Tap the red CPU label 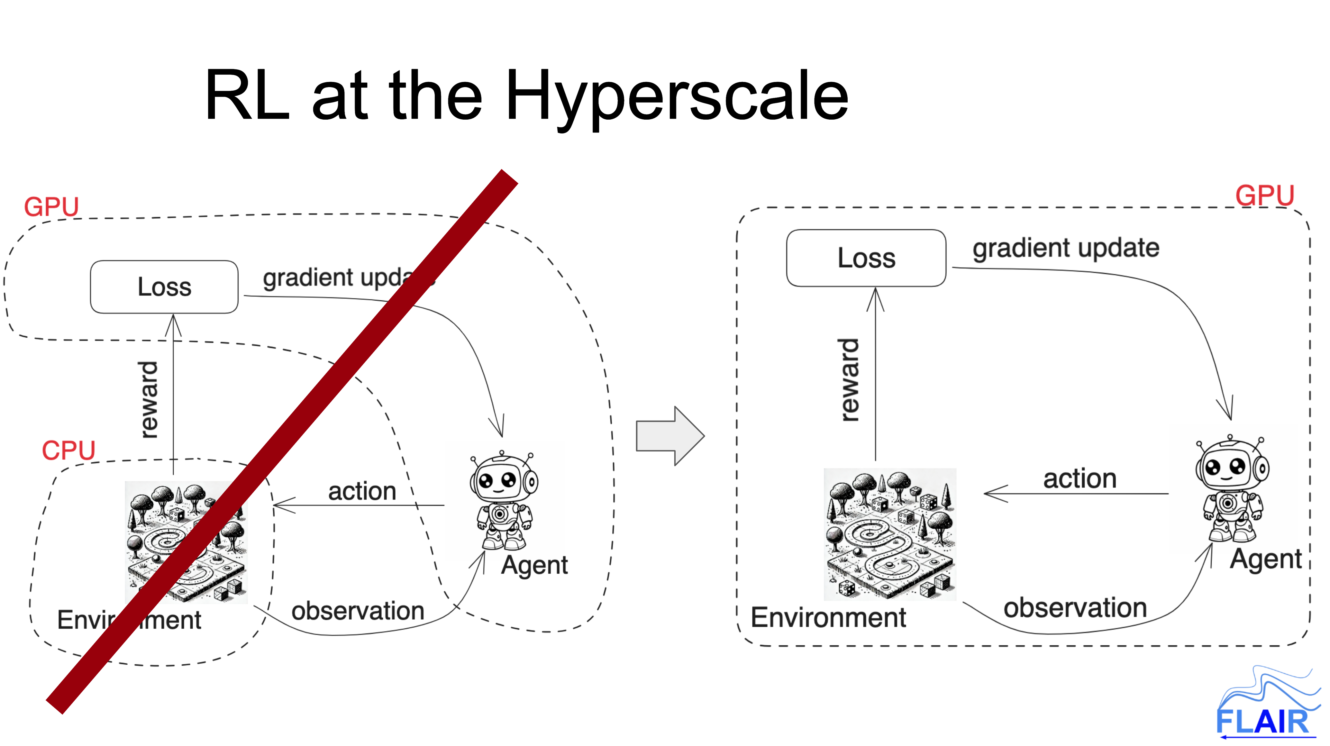coord(69,450)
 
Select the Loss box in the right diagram coord(866,258)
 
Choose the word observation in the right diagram coord(1075,608)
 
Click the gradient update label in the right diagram coord(1066,248)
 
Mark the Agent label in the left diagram coord(534,565)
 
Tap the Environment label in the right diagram coord(828,617)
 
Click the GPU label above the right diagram coord(1264,195)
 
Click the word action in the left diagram coord(362,491)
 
